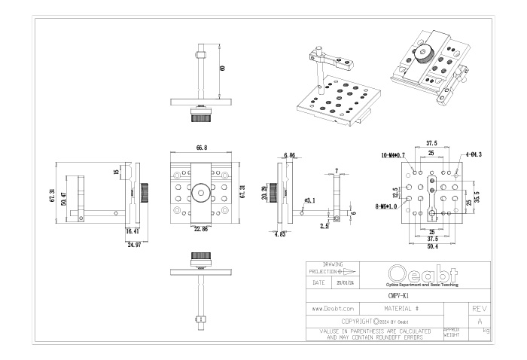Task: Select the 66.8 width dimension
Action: (x=201, y=148)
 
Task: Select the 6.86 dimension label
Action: (x=289, y=155)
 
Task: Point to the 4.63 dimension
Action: (x=278, y=235)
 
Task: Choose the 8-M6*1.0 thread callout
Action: (x=387, y=205)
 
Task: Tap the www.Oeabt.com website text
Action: (x=333, y=310)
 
